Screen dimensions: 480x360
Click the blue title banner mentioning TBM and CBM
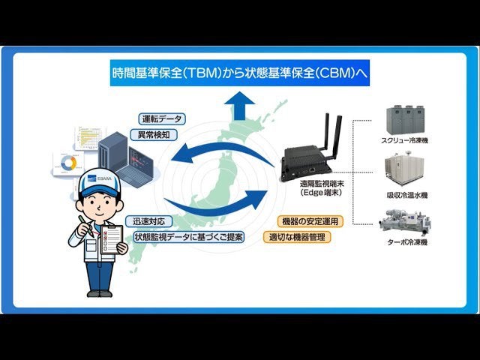click(x=240, y=73)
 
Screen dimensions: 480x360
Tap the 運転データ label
click(x=162, y=118)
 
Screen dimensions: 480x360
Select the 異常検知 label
click(x=154, y=135)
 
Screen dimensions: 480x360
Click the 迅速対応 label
click(x=149, y=221)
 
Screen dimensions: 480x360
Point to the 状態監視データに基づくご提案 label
click(x=188, y=237)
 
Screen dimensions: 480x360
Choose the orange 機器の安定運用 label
click(x=310, y=221)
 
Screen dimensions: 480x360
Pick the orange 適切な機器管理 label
click(x=297, y=237)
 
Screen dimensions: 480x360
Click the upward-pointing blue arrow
click(x=239, y=106)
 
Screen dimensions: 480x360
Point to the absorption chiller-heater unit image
click(x=404, y=168)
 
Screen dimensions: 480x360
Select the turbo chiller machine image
click(x=405, y=222)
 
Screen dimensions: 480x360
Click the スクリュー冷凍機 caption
click(x=404, y=140)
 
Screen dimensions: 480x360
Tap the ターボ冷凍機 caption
click(x=406, y=242)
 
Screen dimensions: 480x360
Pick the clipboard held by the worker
click(x=112, y=239)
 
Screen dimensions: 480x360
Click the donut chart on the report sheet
click(x=68, y=163)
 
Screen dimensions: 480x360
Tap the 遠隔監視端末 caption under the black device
click(x=322, y=184)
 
